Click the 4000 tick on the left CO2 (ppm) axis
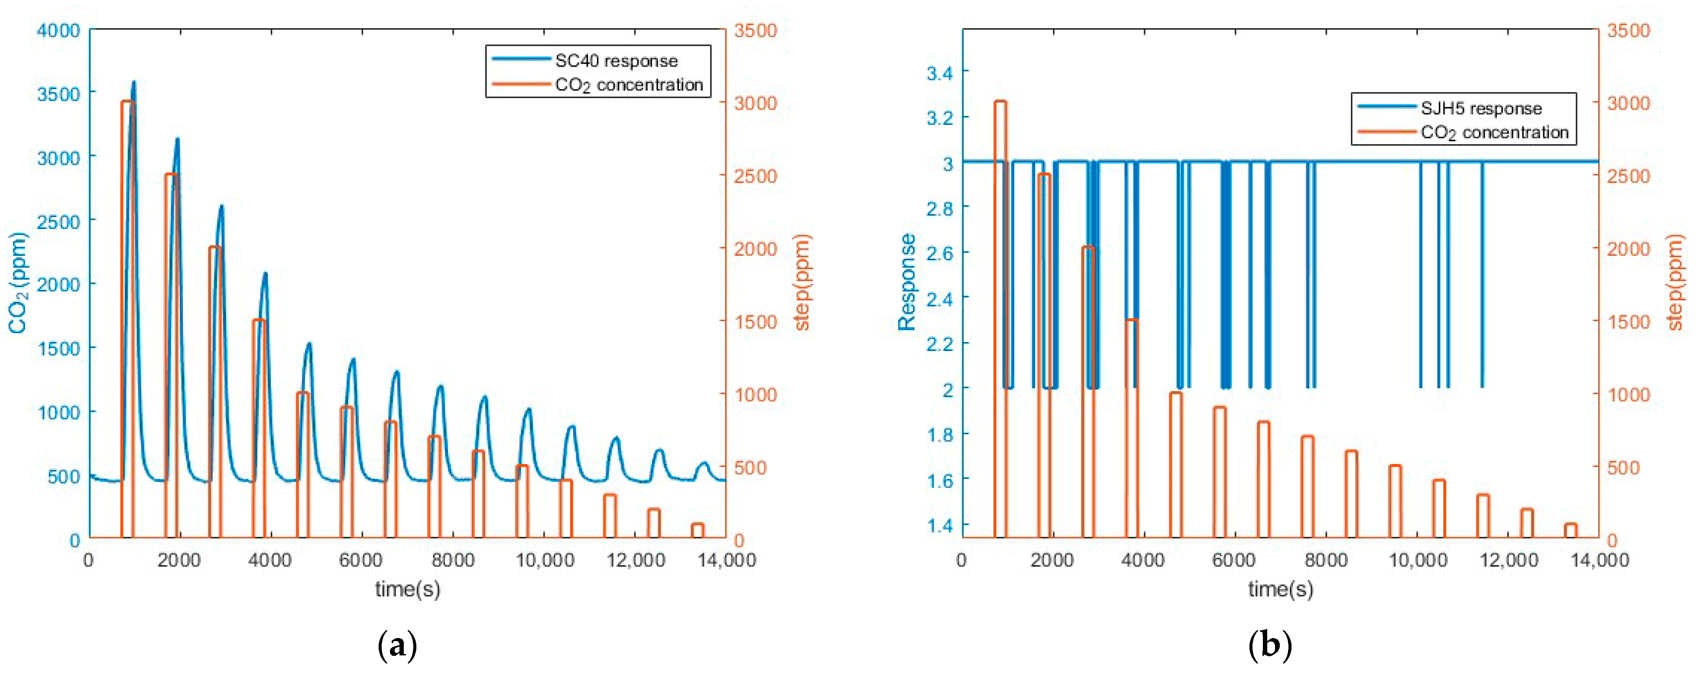click(58, 30)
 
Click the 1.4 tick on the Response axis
click(939, 525)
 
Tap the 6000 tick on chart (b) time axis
click(1233, 560)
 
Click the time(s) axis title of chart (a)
click(408, 588)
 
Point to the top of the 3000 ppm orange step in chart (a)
click(128, 101)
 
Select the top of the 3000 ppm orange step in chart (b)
click(1000, 101)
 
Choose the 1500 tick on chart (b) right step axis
click(1629, 322)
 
